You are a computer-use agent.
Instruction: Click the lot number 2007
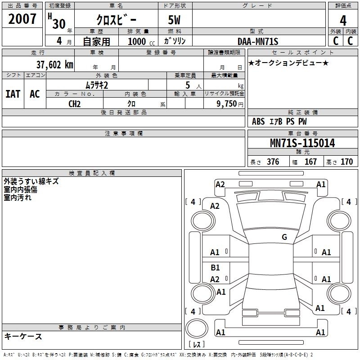(22, 19)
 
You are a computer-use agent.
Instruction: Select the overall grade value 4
(343, 20)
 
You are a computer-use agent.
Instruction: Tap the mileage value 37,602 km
(55, 64)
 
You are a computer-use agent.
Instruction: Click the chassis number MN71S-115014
(302, 143)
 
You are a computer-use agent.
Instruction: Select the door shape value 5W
(175, 20)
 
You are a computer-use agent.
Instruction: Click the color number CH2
(74, 103)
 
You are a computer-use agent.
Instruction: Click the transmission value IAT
(13, 94)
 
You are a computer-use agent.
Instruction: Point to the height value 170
(346, 162)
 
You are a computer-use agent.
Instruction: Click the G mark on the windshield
(284, 237)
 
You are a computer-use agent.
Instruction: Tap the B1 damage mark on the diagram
(215, 268)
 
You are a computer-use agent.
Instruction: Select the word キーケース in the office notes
(23, 336)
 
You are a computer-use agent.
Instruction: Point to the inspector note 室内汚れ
(18, 197)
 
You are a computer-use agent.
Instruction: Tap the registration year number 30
(58, 24)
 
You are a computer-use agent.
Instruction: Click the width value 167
(310, 162)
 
